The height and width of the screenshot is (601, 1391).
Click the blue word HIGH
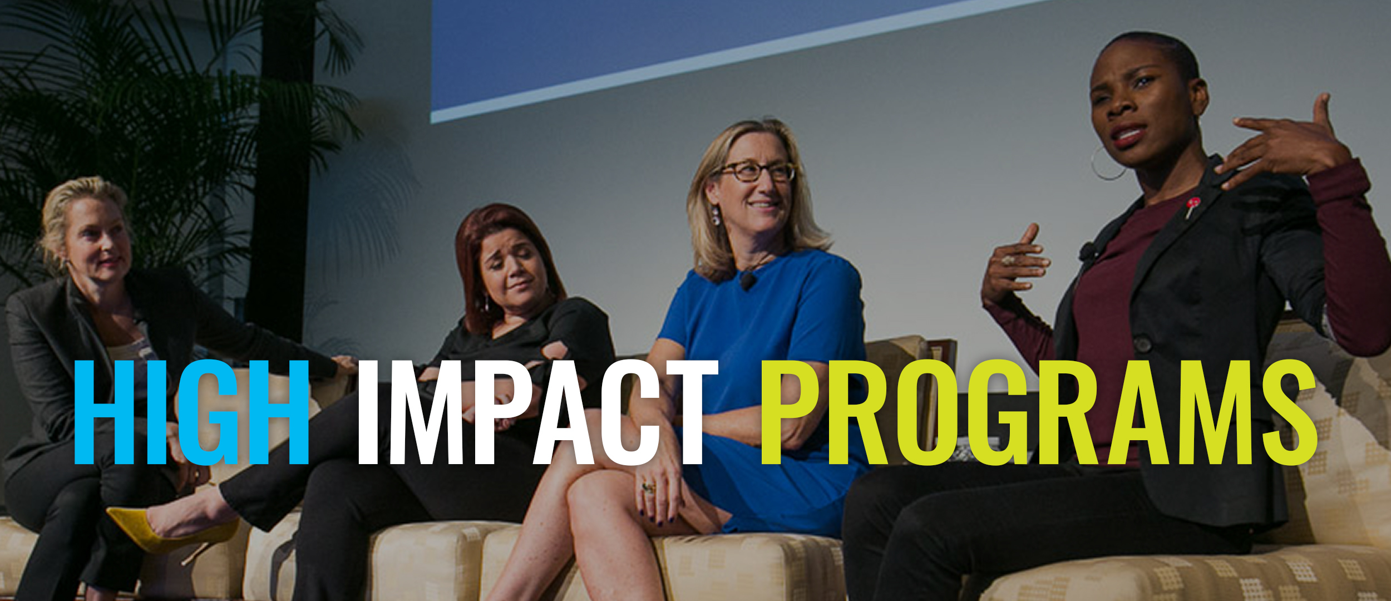(191, 412)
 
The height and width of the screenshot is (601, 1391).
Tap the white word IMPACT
(537, 412)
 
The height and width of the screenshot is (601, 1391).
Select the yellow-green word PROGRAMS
(1038, 412)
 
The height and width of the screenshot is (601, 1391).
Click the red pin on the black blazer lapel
(1191, 206)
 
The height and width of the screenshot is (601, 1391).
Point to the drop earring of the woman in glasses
(716, 216)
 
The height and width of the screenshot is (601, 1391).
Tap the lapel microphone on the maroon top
(1086, 252)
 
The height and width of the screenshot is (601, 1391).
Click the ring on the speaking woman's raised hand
(1008, 260)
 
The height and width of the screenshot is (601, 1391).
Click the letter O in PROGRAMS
(926, 412)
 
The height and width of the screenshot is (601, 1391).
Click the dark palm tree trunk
(282, 167)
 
